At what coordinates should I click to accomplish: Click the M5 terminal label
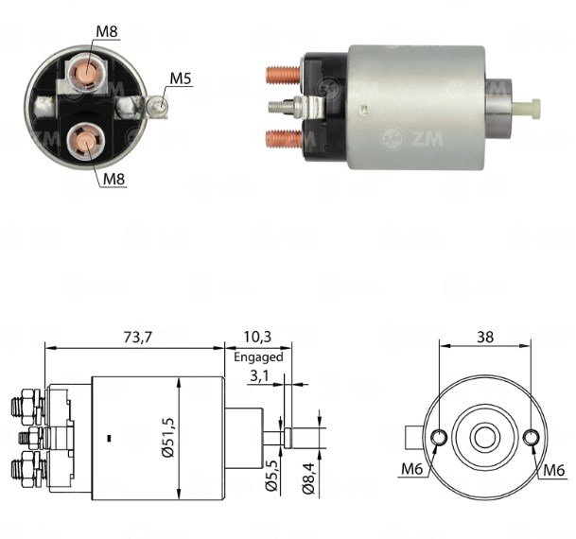(181, 78)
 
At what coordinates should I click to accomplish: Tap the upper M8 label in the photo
(107, 31)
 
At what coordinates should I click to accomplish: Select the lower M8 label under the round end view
(113, 179)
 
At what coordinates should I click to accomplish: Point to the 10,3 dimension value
(257, 337)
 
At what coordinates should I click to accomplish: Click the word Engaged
(258, 356)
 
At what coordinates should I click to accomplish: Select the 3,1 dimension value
(260, 375)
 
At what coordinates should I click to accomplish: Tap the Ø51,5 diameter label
(167, 437)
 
